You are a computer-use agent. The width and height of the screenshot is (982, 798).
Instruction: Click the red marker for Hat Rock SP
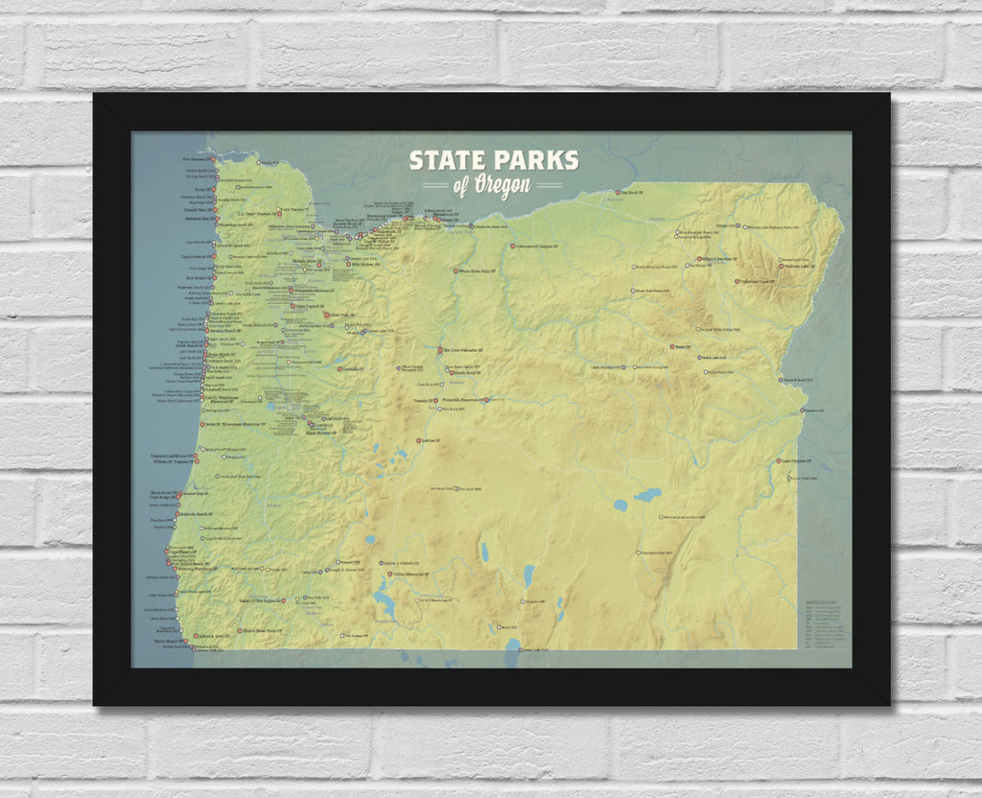click(x=618, y=193)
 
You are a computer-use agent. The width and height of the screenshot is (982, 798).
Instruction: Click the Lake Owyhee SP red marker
click(x=779, y=461)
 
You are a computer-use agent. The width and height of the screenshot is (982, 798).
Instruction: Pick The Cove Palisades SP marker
click(x=440, y=351)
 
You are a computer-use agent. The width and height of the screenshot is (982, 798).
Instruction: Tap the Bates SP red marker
click(x=671, y=347)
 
